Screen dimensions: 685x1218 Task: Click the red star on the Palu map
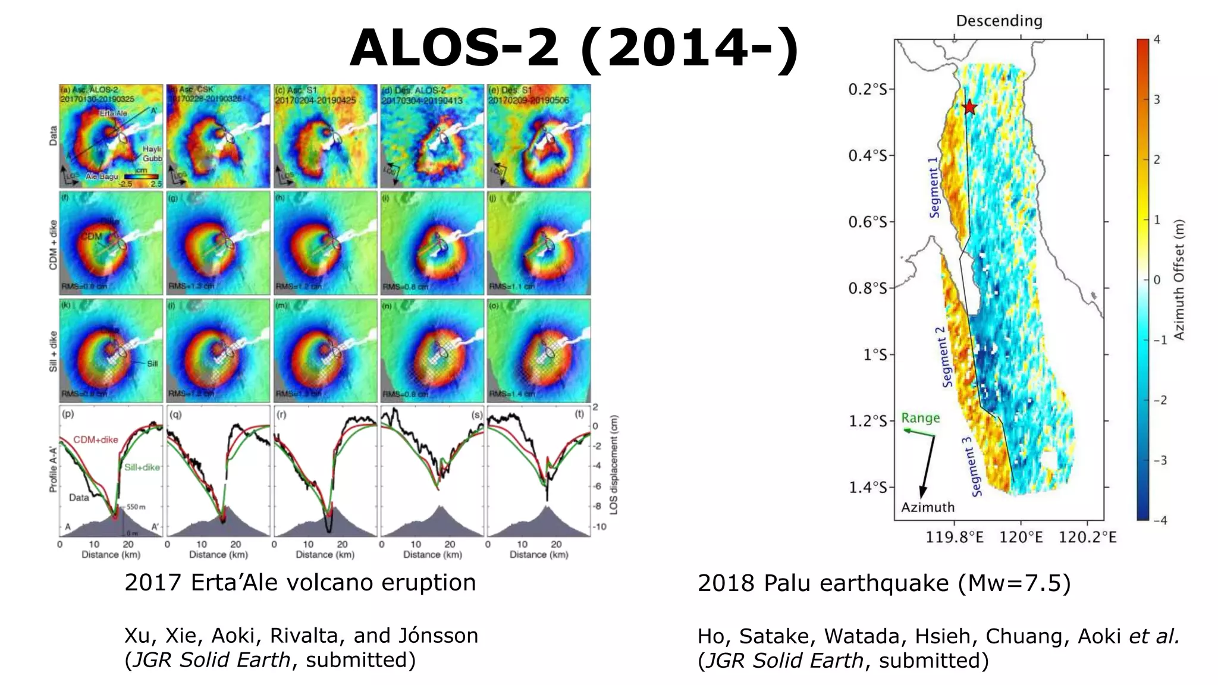(969, 108)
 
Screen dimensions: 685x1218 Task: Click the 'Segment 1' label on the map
(934, 187)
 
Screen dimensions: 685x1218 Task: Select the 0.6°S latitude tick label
(867, 222)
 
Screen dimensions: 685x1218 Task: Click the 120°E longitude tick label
(1021, 538)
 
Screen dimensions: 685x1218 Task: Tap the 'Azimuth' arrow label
(927, 507)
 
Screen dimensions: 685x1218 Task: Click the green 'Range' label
(920, 418)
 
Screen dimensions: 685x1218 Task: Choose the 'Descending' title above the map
(999, 21)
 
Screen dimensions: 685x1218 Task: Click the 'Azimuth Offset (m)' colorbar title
(1179, 279)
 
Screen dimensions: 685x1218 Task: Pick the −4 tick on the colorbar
(1160, 520)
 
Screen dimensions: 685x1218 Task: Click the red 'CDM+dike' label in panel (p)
(96, 440)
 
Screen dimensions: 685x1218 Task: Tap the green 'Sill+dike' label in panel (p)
(142, 467)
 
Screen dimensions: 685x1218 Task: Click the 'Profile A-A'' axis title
(53, 463)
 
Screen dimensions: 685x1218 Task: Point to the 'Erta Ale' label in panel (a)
(113, 113)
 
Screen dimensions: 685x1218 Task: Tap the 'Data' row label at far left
(54, 136)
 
